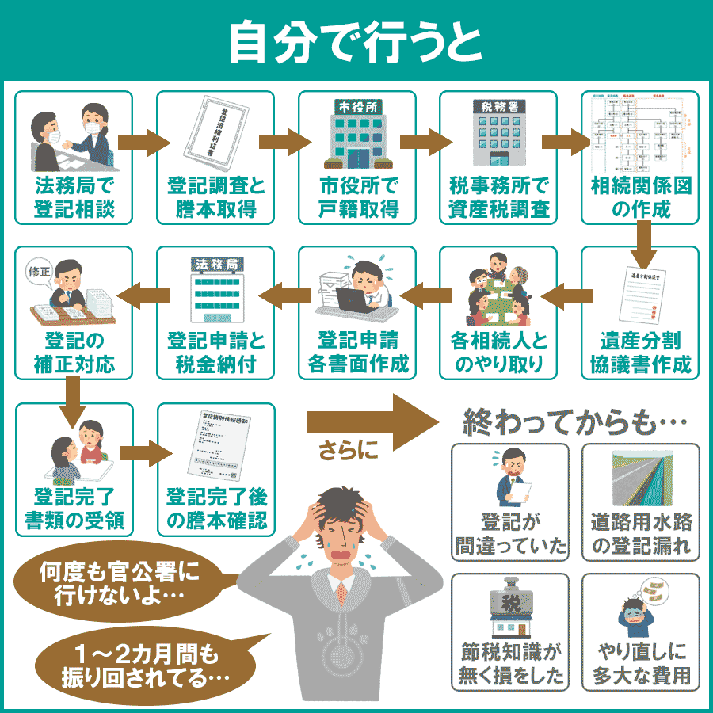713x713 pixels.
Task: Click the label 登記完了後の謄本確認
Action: [215, 509]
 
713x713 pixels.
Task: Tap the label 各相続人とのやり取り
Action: [498, 353]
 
